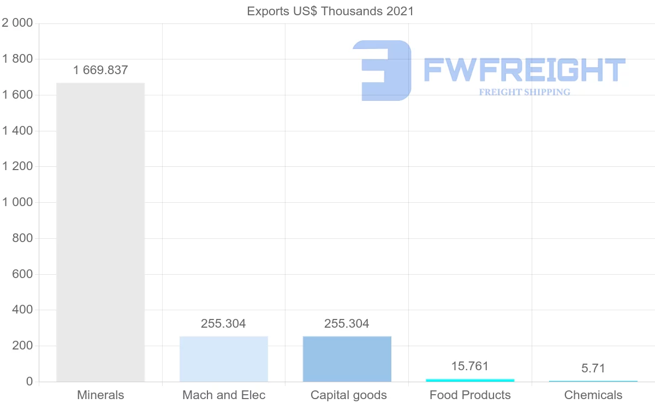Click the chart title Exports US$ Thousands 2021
coord(330,11)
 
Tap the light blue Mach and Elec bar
coord(224,359)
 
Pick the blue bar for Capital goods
coord(347,359)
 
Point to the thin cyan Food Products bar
coord(470,379)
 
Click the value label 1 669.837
coord(100,70)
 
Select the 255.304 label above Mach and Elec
coord(223,324)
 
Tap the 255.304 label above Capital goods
coord(347,324)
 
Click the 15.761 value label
coord(470,366)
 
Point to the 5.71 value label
coord(593,368)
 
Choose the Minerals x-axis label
coord(100,395)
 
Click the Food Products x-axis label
coord(470,395)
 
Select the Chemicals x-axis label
coord(593,395)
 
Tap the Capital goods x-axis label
coord(349,395)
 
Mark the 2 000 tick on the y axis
coord(17,23)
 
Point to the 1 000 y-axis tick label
coord(17,202)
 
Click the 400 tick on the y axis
coord(22,310)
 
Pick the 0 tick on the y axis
coord(29,382)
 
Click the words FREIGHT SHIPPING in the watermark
coord(525,92)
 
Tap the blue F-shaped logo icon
coord(382,70)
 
